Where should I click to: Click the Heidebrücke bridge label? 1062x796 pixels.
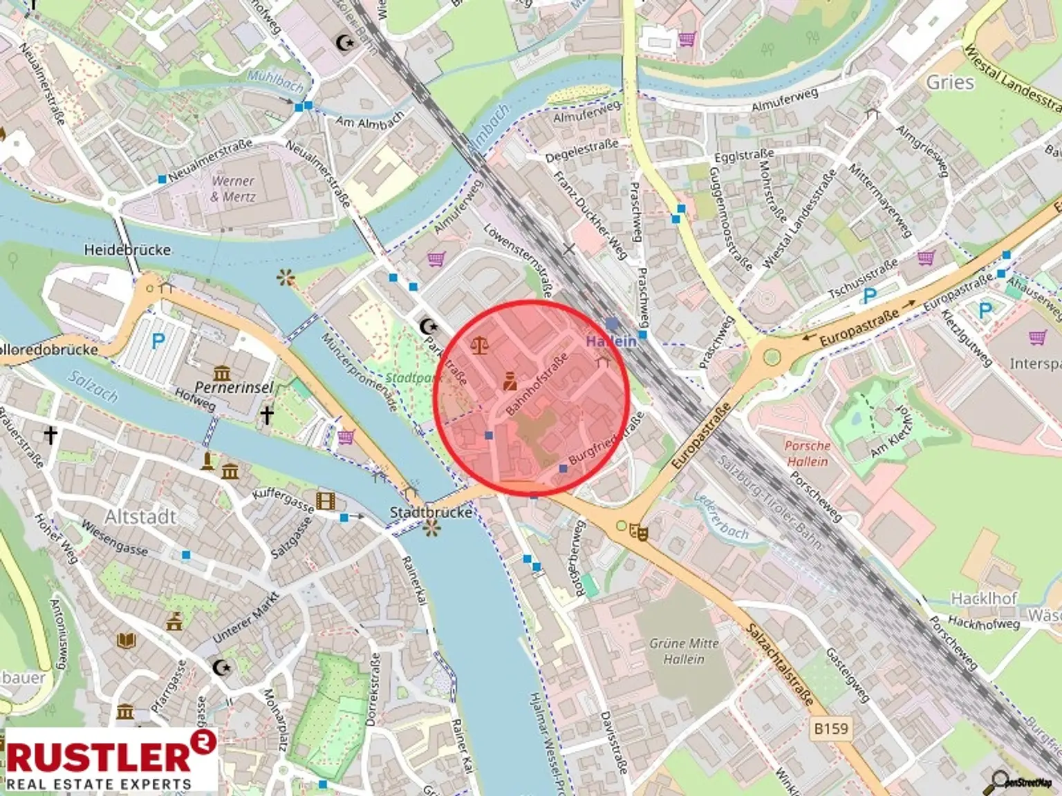127,249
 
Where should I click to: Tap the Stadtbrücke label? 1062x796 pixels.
430,512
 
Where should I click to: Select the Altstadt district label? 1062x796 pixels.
140,517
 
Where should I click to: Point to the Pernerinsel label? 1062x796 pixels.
234,387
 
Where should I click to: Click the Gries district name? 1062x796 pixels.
950,82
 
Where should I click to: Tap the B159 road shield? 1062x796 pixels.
830,728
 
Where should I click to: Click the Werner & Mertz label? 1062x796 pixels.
233,189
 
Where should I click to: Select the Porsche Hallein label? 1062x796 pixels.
807,453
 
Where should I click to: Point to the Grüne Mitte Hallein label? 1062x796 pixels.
684,651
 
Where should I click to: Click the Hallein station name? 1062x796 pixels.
611,341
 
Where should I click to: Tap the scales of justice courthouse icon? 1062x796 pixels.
478,345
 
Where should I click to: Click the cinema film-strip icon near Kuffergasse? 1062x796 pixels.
325,500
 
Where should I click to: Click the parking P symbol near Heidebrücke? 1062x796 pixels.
158,341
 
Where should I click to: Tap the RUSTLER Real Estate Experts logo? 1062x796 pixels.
111,759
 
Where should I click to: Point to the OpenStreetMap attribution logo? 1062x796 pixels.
1022,781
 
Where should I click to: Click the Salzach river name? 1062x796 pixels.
93,386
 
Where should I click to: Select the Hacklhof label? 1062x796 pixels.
983,598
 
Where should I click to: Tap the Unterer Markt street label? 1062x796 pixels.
245,617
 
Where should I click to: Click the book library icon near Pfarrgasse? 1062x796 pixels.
126,641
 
